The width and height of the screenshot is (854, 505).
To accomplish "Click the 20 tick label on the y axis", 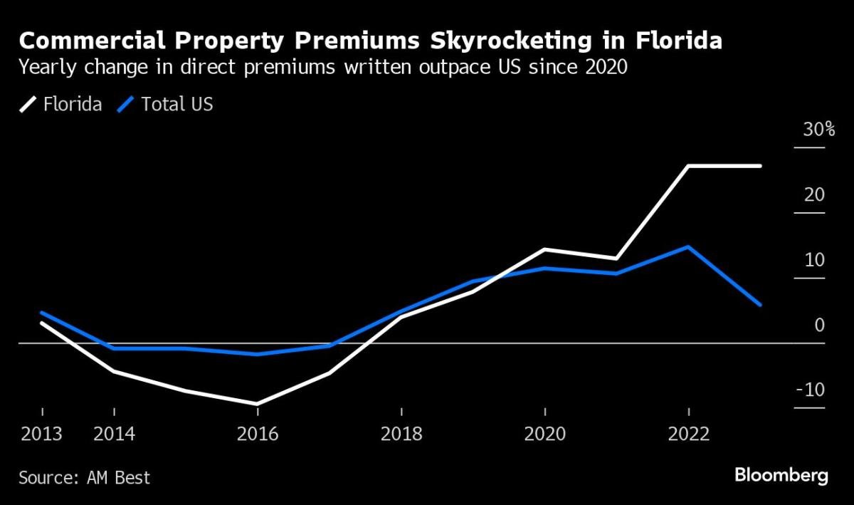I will coord(814,195).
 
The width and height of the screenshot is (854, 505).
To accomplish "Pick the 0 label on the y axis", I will coord(819,326).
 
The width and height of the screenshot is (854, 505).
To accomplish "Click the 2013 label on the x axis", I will coord(41,434).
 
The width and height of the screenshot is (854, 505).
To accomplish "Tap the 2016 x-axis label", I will coord(258,434).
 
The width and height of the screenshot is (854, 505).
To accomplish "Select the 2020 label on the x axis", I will coord(544,434).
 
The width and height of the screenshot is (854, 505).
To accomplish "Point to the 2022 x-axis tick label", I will coord(688,434).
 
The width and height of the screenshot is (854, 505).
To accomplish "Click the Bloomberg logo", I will coord(781,476).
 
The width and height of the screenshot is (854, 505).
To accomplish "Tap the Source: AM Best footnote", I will coord(85,477).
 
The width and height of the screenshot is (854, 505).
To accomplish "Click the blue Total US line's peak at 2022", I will coord(687,247).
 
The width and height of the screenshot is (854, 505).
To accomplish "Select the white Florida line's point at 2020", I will coord(544,249).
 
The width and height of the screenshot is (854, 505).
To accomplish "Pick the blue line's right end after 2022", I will coord(760,305).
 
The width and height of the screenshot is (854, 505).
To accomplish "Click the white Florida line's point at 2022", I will coord(688,166).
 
